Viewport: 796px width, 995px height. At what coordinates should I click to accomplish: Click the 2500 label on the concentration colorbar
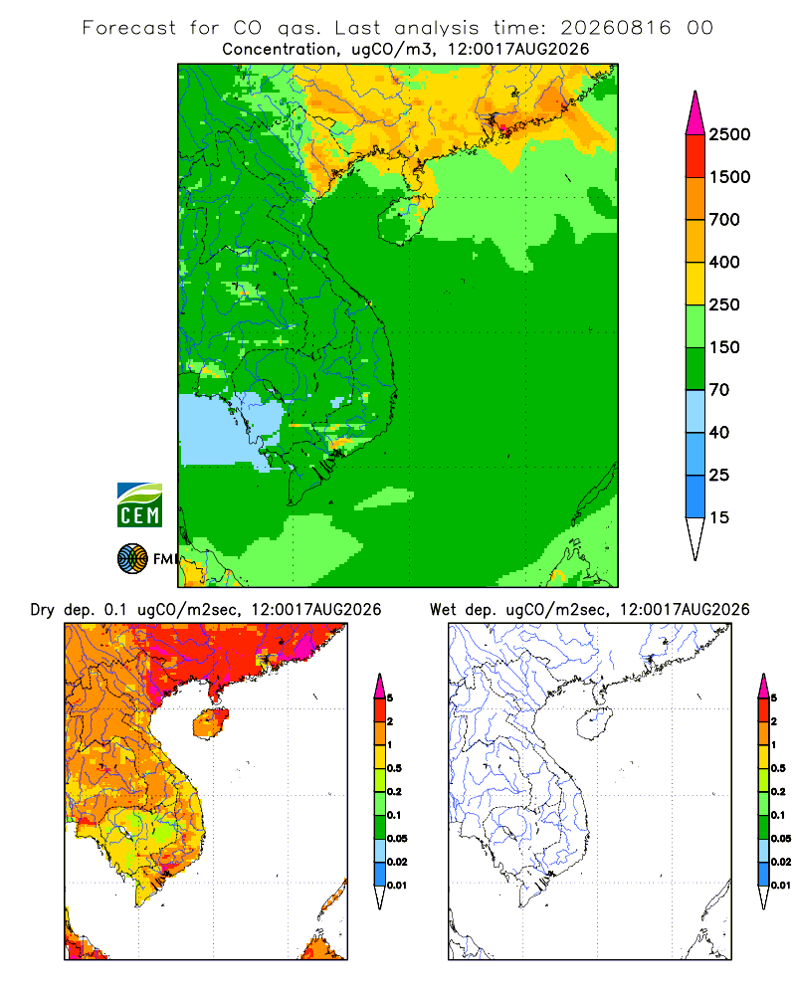pos(729,134)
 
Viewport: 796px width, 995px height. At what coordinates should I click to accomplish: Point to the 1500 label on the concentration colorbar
pos(729,177)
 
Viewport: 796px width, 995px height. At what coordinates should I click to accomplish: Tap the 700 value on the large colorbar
pos(724,220)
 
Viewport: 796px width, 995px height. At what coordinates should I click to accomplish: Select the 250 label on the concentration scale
pos(724,304)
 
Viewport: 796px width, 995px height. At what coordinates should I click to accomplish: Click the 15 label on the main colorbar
pos(719,517)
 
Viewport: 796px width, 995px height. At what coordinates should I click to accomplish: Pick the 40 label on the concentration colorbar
pos(719,432)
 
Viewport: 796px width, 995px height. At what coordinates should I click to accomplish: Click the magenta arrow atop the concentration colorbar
pos(696,113)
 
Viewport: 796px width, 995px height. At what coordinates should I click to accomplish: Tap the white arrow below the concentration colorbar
pos(696,538)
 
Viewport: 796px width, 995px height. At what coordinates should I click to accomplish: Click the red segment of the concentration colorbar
pos(696,156)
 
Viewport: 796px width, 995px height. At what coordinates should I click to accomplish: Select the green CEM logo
pos(139,505)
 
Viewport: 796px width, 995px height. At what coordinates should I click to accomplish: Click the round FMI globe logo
pos(132,559)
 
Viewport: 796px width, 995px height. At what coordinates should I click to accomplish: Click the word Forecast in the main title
pos(129,28)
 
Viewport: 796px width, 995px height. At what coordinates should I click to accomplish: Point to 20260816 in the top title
pos(615,28)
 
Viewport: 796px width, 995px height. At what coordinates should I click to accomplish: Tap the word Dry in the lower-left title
pos(43,610)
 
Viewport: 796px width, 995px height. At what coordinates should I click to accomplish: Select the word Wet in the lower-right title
pos(443,610)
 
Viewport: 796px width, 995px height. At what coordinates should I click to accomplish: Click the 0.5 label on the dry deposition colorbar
pos(394,768)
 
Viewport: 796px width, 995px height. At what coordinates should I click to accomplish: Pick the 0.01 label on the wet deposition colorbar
pos(781,886)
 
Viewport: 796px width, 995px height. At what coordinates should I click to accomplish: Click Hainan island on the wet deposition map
pos(594,724)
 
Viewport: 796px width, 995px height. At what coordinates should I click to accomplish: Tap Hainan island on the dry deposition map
pos(210,724)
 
